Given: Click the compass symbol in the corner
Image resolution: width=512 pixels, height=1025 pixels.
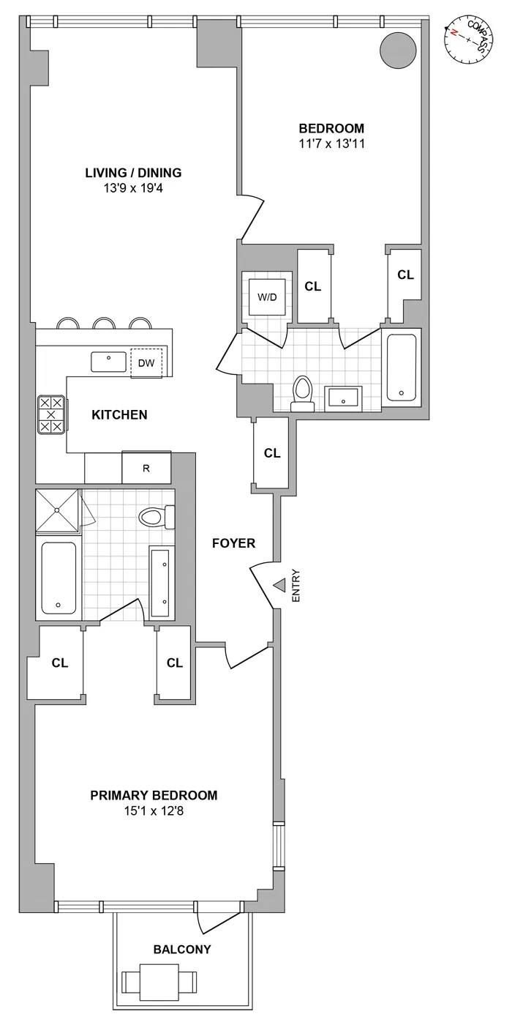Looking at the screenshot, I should coord(468,41).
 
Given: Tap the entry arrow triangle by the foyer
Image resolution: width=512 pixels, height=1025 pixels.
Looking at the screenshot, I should coord(279,586).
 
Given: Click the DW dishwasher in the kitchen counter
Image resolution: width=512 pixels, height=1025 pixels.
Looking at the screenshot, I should coord(146,362).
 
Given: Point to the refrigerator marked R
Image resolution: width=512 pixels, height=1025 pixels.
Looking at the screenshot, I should coord(146,469).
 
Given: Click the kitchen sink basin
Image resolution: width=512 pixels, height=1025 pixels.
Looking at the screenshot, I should coord(108,362).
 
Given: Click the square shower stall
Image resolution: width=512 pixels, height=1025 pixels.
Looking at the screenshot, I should coord(59,509).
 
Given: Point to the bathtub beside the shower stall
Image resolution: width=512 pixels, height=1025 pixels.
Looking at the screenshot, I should coord(58,578).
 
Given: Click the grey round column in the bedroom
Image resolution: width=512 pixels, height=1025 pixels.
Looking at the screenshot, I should coord(397,49).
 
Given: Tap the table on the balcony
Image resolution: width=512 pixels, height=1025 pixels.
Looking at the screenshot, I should coord(159,980).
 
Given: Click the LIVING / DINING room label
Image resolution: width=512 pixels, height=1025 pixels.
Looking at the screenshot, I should coord(133,174).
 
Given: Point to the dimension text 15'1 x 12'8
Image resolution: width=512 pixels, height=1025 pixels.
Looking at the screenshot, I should coord(154,810).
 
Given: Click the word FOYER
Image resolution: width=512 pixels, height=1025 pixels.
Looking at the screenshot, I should coord(233,543).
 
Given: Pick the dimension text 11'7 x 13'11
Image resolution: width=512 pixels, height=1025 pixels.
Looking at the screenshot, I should coord(336,143).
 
